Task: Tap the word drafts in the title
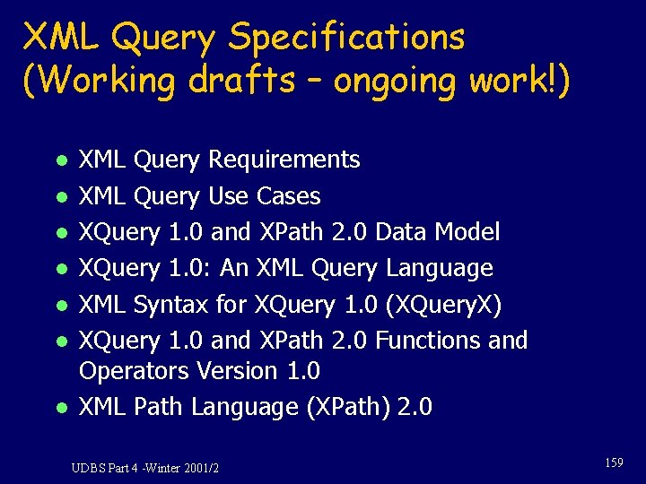[241, 80]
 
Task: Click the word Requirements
[284, 160]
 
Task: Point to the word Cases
[288, 196]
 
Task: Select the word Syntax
[170, 306]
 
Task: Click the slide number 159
[614, 462]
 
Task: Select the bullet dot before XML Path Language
[59, 409]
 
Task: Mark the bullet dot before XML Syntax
[59, 307]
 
